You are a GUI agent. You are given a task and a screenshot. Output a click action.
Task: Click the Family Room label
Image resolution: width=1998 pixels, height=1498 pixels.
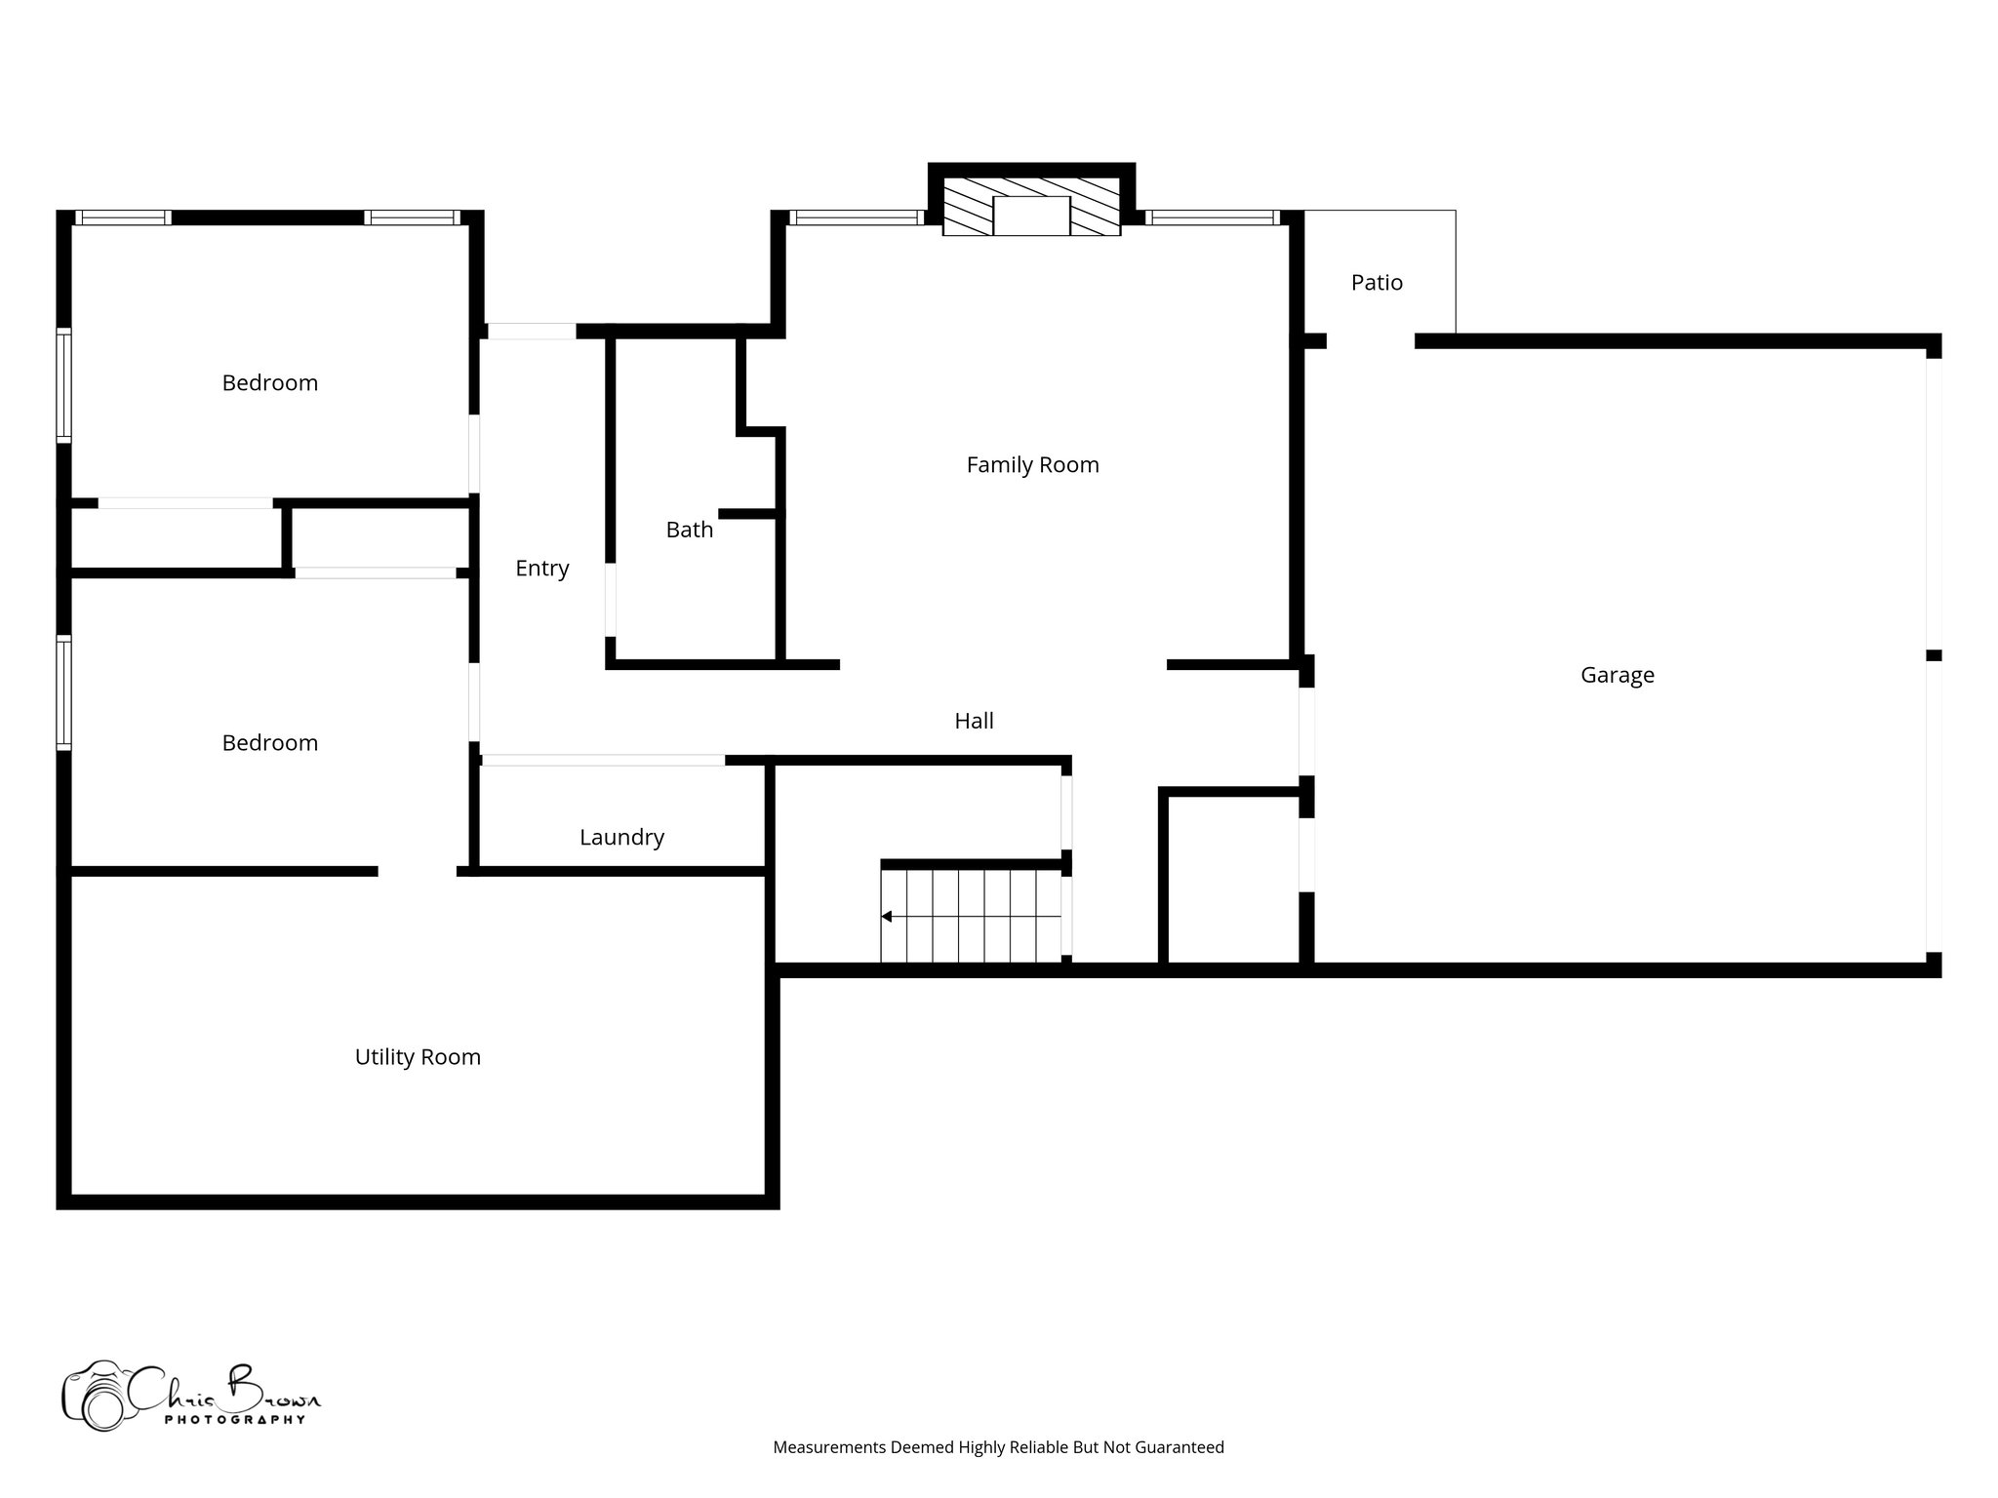pyautogui.click(x=1032, y=465)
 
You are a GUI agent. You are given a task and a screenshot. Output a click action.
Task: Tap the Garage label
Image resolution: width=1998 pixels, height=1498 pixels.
pyautogui.click(x=1617, y=675)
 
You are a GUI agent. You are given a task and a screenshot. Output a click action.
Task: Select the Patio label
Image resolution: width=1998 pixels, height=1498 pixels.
pyautogui.click(x=1377, y=283)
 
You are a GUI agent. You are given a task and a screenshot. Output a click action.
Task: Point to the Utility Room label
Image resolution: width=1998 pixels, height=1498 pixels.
pyautogui.click(x=418, y=1057)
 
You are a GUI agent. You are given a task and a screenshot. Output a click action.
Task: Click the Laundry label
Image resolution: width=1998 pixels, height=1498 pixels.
pyautogui.click(x=621, y=837)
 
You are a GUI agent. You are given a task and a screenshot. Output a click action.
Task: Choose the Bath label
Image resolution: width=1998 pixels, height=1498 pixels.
pyautogui.click(x=689, y=530)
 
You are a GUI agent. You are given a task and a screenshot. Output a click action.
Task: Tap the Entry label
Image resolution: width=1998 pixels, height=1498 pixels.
pyautogui.click(x=541, y=569)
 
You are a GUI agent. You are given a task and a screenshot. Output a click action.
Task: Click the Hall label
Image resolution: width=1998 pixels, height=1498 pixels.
pyautogui.click(x=974, y=721)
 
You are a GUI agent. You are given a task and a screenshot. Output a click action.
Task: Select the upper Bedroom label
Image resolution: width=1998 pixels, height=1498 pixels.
pyautogui.click(x=270, y=383)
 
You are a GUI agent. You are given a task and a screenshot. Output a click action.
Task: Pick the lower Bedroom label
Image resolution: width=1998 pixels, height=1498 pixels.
pyautogui.click(x=270, y=743)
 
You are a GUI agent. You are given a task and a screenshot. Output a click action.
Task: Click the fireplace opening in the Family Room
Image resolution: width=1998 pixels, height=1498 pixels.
pyautogui.click(x=1031, y=216)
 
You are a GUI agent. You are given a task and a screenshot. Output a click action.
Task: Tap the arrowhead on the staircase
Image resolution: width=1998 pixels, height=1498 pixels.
pyautogui.click(x=886, y=917)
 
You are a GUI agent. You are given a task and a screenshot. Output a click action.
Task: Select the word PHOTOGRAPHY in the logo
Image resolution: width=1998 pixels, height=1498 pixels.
pyautogui.click(x=234, y=1419)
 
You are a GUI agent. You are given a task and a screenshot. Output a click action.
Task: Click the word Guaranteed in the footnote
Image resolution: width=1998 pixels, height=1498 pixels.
pyautogui.click(x=1181, y=1447)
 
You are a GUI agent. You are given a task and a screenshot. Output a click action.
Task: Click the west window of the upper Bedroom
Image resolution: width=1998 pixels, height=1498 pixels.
pyautogui.click(x=64, y=385)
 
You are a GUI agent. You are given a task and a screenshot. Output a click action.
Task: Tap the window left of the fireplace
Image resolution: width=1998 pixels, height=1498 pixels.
pyautogui.click(x=856, y=218)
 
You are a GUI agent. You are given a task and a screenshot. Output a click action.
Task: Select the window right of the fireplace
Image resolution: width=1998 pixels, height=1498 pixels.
pyautogui.click(x=1212, y=218)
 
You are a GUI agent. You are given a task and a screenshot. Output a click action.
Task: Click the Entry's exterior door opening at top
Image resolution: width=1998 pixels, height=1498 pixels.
pyautogui.click(x=532, y=332)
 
